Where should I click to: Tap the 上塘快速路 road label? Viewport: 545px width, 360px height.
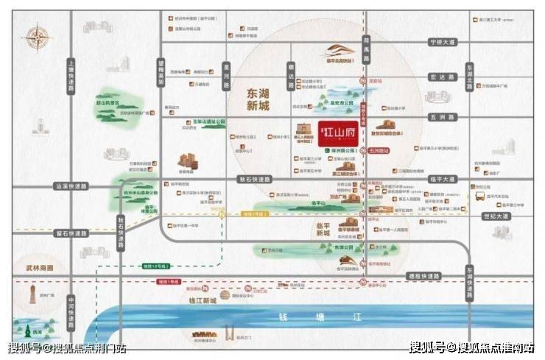[x=71, y=74]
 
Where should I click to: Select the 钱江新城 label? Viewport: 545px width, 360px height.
[x=201, y=301]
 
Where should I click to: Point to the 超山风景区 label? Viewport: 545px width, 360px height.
[x=110, y=104]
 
